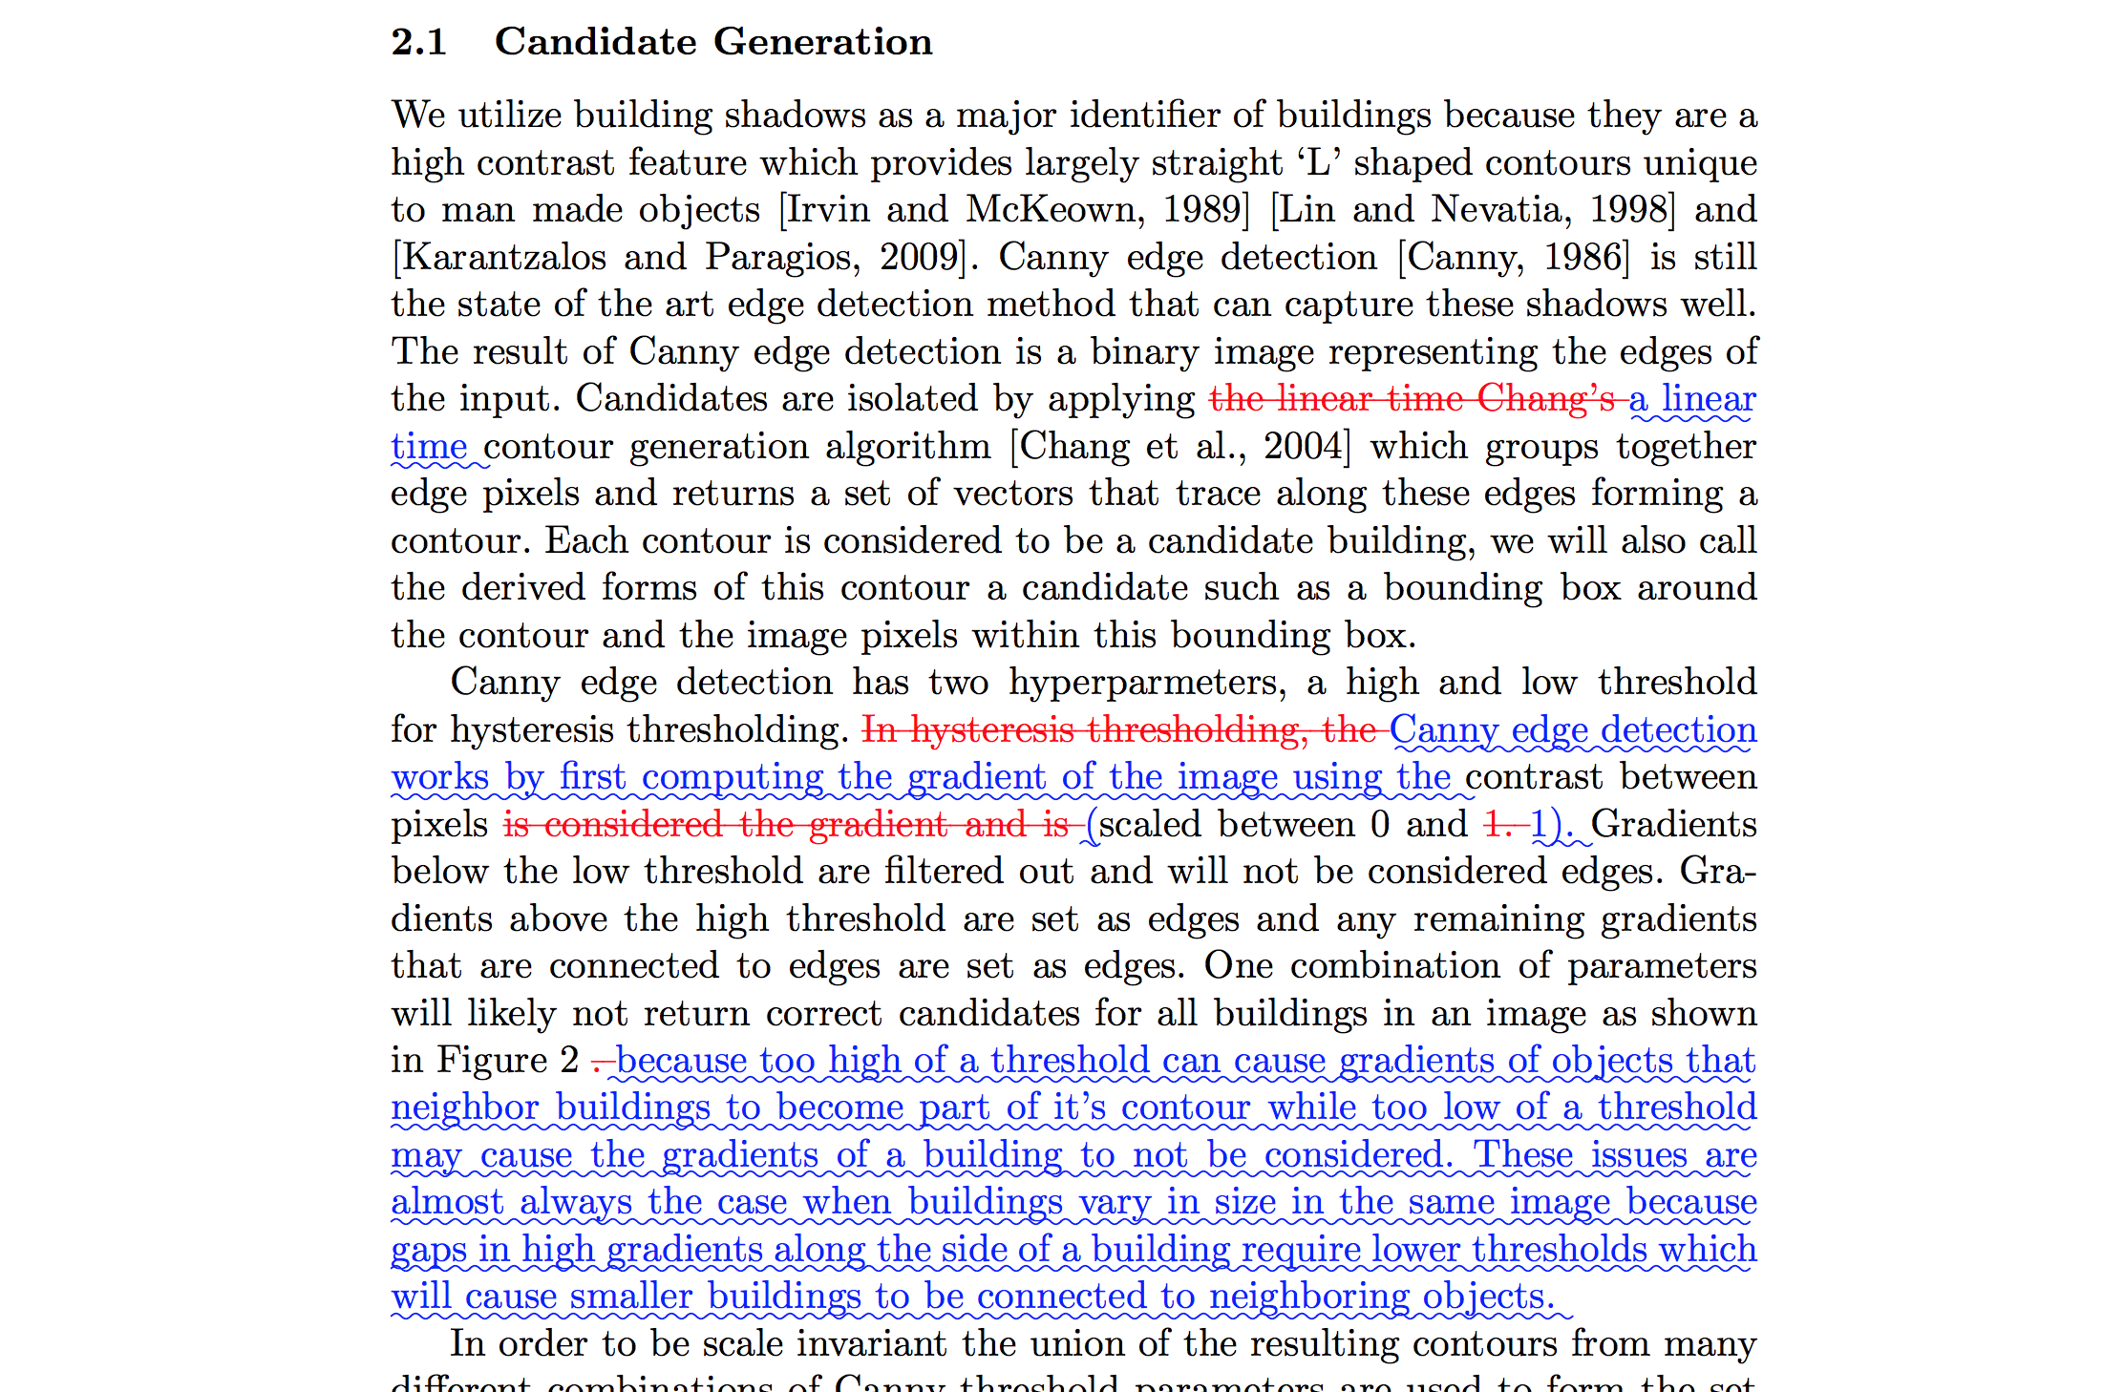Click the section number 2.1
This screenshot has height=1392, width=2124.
pyautogui.click(x=418, y=42)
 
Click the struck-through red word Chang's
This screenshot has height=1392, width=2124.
pyautogui.click(x=1546, y=398)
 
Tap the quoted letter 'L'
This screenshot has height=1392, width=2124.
pyautogui.click(x=1319, y=162)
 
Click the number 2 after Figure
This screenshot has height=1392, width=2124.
pyautogui.click(x=569, y=1060)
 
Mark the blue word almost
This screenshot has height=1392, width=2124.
pyautogui.click(x=447, y=1201)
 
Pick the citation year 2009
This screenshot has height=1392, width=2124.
pyautogui.click(x=921, y=257)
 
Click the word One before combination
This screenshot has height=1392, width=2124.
pyautogui.click(x=1238, y=965)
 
